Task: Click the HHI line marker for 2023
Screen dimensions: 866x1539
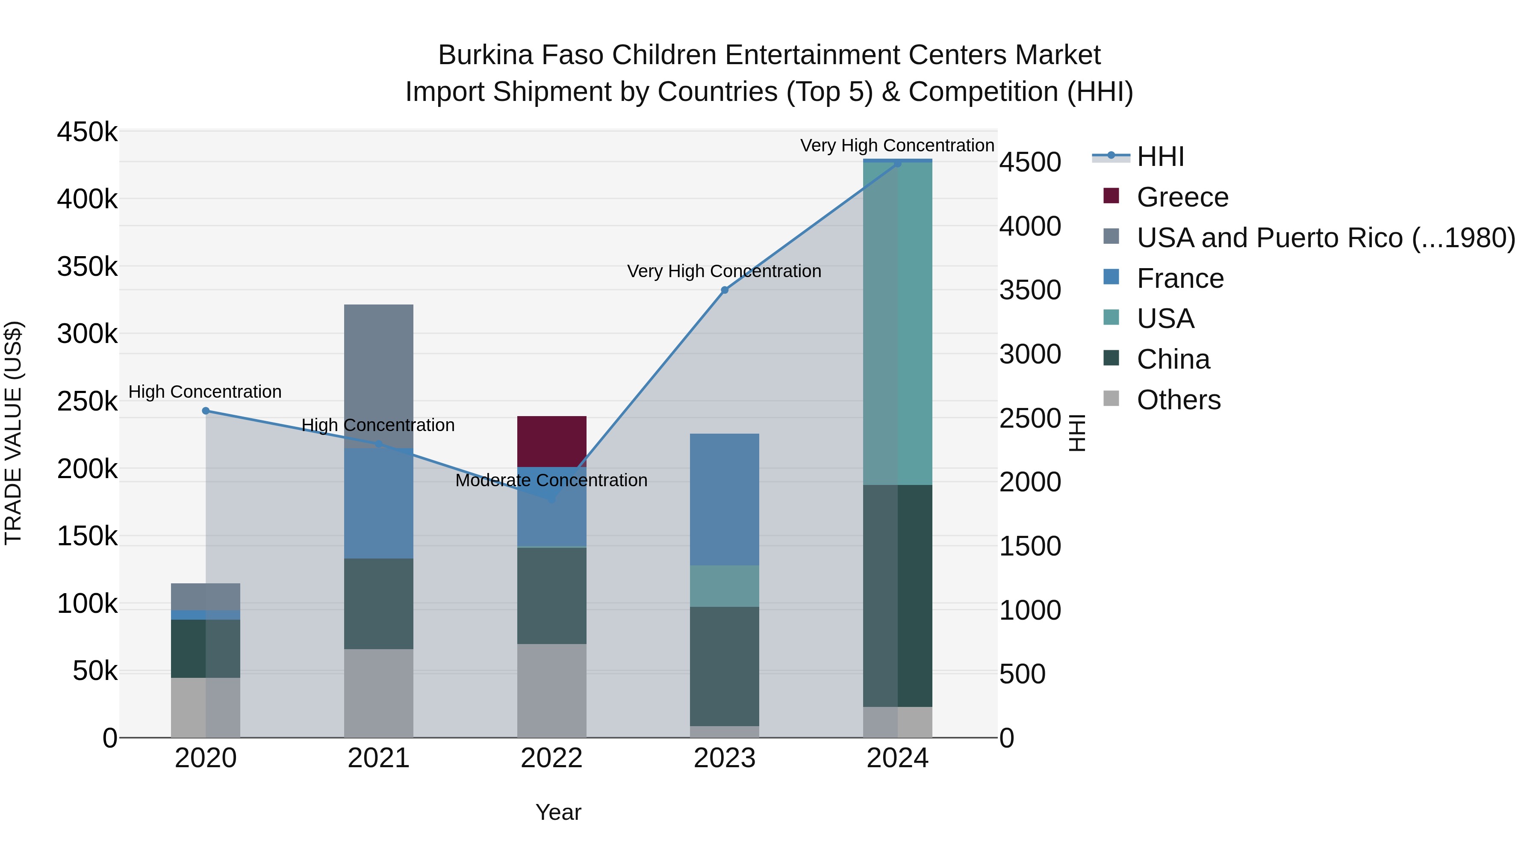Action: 724,290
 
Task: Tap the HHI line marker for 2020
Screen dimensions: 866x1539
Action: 206,411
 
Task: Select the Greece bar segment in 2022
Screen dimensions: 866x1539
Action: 551,441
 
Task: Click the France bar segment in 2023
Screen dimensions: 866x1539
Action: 724,499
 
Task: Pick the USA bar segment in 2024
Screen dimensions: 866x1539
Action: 897,323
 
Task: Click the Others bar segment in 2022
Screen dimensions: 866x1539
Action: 551,690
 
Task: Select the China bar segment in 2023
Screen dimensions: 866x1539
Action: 724,666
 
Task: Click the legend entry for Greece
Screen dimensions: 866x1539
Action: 1182,197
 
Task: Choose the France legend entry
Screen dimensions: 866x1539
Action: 1179,278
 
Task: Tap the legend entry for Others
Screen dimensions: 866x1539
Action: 1178,400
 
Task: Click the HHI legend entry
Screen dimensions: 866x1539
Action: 1160,157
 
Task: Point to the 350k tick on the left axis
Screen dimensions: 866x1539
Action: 87,266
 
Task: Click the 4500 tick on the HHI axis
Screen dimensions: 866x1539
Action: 1030,162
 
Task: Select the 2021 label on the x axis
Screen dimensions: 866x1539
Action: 378,758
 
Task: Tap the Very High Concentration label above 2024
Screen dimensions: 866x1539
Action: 897,145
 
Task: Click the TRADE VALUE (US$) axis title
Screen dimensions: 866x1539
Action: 13,433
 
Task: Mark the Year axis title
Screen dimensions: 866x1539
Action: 558,812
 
